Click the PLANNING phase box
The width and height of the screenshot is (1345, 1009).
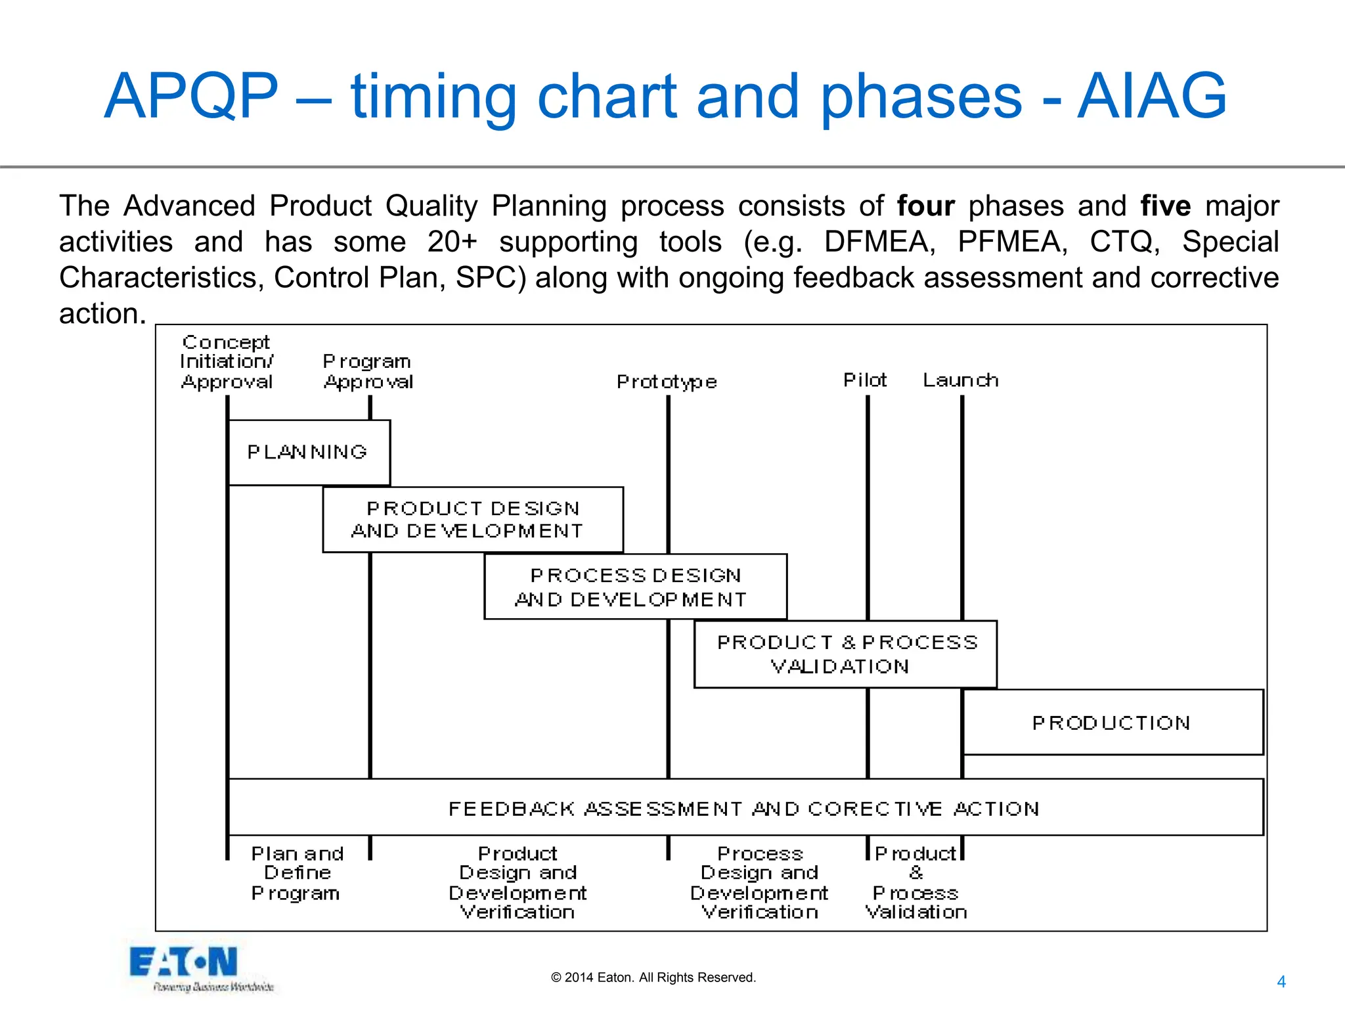point(308,453)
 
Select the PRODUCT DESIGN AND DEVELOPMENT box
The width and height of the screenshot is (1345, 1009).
point(472,520)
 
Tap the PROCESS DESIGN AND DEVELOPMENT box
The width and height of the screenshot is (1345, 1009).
point(634,587)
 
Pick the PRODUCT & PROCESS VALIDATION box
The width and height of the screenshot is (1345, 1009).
point(845,654)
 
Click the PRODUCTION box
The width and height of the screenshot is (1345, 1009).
point(1112,723)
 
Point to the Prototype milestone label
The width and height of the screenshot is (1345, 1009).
point(667,382)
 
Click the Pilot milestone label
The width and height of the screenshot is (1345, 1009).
point(865,380)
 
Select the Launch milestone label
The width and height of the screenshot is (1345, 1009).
point(960,380)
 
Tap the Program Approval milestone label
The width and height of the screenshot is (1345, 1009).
point(368,372)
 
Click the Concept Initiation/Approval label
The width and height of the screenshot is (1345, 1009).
point(227,362)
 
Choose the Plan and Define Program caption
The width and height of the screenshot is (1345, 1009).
point(297,873)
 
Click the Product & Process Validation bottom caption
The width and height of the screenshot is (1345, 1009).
point(915,882)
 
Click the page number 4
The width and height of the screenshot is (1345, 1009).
point(1281,981)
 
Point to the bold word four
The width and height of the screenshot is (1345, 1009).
point(925,206)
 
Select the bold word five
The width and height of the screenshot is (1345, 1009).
point(1165,206)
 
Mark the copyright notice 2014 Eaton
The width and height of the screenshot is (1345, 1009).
point(653,977)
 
